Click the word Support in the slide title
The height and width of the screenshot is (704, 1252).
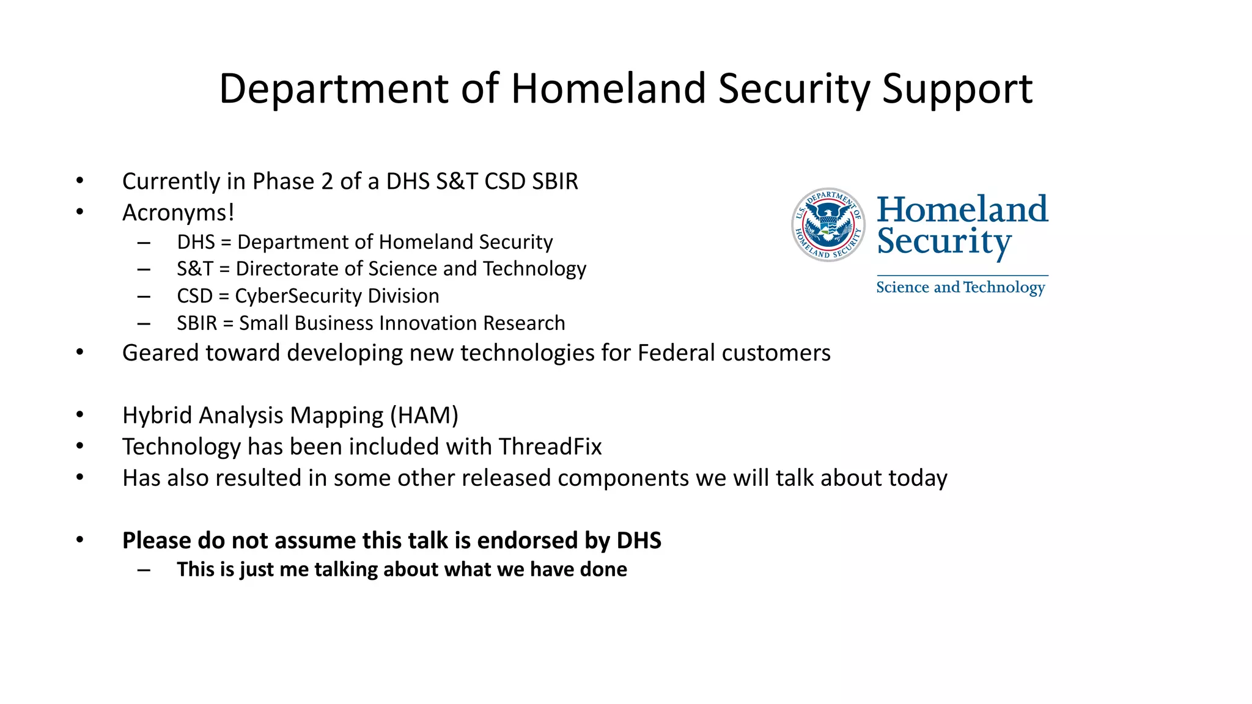pyautogui.click(x=957, y=89)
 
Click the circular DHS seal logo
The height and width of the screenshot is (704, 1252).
pyautogui.click(x=828, y=225)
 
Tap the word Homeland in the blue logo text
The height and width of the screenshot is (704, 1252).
pyautogui.click(x=962, y=209)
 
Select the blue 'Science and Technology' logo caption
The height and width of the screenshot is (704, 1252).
pyautogui.click(x=960, y=287)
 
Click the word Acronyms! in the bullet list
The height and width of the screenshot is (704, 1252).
pyautogui.click(x=178, y=213)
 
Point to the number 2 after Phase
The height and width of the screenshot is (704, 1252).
pyautogui.click(x=327, y=182)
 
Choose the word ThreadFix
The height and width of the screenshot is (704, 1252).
pyautogui.click(x=550, y=447)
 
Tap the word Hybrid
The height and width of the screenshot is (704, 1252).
pyautogui.click(x=157, y=416)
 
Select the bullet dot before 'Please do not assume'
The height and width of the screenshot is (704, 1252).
pyautogui.click(x=79, y=540)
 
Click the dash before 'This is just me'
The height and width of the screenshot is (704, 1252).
pyautogui.click(x=144, y=570)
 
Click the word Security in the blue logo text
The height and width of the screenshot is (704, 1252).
pyautogui.click(x=944, y=242)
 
